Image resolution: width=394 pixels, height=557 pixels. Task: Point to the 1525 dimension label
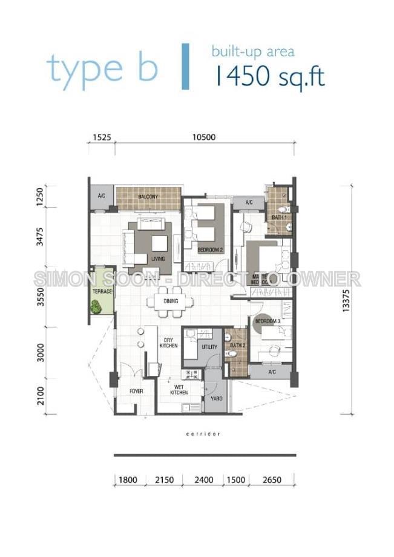tap(102, 137)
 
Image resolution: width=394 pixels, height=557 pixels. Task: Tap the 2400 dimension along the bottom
tap(203, 480)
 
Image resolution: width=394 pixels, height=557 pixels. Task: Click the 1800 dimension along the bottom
tap(128, 480)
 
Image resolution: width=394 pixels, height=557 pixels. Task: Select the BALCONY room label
tap(148, 197)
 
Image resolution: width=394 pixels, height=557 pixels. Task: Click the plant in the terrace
tap(96, 306)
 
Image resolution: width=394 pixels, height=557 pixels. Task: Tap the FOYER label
tap(136, 391)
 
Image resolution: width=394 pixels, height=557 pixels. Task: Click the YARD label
tap(215, 399)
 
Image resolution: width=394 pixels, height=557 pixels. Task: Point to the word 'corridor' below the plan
tap(203, 434)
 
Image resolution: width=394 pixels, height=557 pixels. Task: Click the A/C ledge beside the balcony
tap(101, 197)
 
